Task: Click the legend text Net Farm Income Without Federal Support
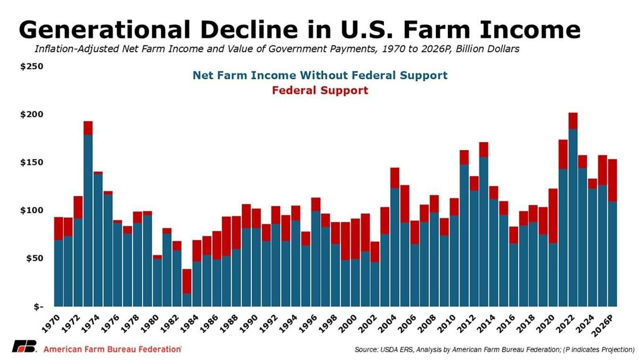tap(320, 76)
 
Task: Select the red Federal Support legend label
tap(319, 91)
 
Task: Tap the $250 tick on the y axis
tap(33, 67)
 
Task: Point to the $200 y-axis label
tap(33, 114)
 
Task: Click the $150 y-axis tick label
tap(33, 162)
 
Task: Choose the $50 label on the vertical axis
tap(35, 258)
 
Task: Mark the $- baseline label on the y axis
tap(37, 307)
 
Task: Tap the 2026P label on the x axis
tap(608, 322)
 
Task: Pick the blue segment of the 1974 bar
tap(98, 240)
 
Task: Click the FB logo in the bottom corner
tap(23, 346)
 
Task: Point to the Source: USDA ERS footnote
tap(494, 350)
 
